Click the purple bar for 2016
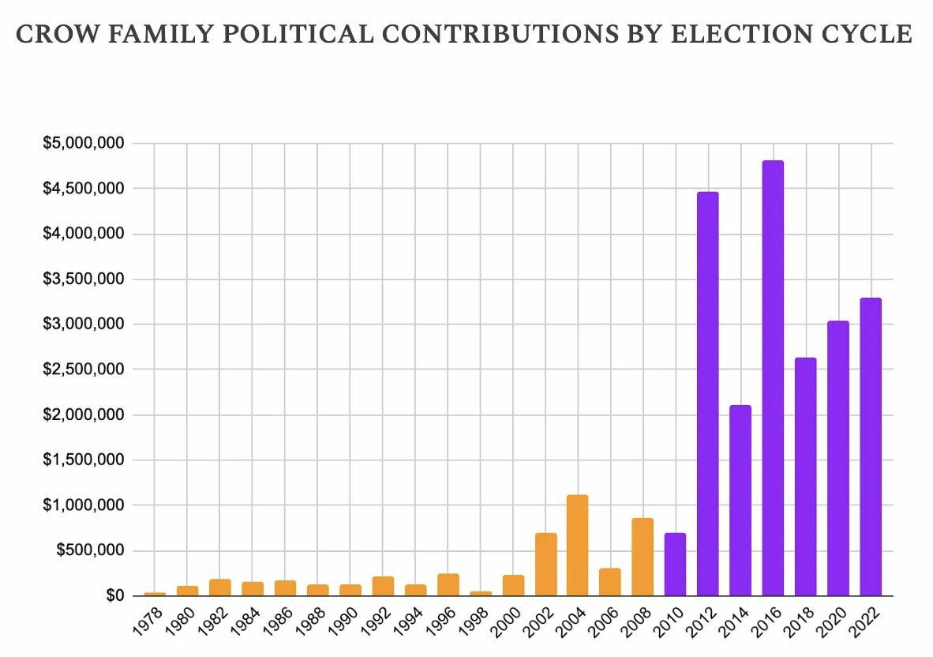(772, 379)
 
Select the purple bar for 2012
(707, 395)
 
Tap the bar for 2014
(740, 501)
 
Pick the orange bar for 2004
(577, 546)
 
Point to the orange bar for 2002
(545, 565)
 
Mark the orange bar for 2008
(643, 558)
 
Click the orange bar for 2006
(609, 582)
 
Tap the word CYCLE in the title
(873, 36)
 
